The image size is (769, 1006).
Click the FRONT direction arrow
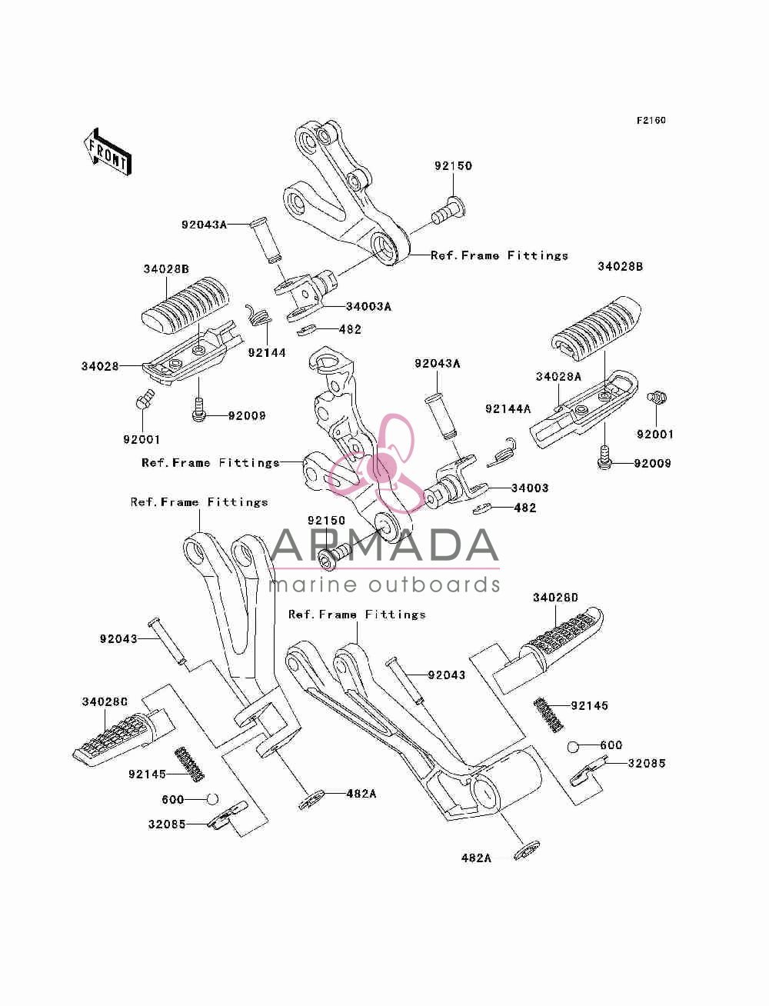(x=108, y=152)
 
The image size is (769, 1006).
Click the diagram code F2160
(x=651, y=121)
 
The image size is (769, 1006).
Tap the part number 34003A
(x=368, y=307)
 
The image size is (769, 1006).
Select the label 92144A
(x=508, y=408)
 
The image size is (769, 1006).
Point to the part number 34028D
(x=555, y=598)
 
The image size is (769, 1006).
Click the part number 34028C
(x=105, y=701)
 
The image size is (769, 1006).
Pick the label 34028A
(x=558, y=376)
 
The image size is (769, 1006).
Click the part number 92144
(x=267, y=352)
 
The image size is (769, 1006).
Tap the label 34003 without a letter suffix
(x=530, y=488)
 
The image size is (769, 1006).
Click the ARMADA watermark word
(x=384, y=545)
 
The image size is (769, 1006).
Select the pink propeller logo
(x=377, y=464)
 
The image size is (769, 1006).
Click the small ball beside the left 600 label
(x=212, y=798)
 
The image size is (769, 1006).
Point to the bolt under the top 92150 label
(x=448, y=212)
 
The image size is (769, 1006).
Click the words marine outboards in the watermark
(x=384, y=585)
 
